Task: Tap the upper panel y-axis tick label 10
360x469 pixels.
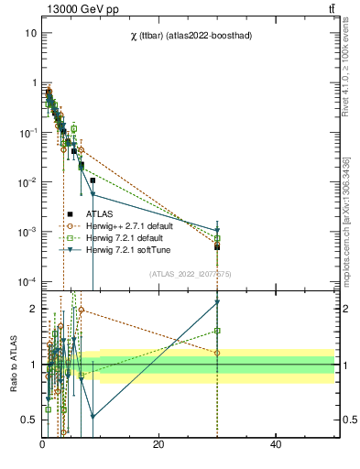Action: [30, 33]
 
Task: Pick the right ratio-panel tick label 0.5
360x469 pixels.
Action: [348, 420]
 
